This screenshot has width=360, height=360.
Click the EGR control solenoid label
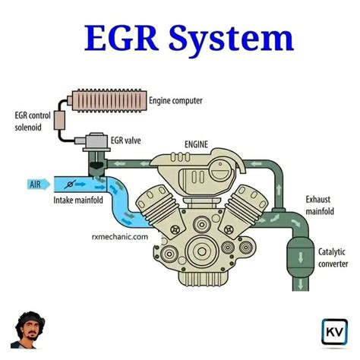click(31, 120)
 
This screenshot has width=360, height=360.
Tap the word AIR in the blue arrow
click(35, 184)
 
